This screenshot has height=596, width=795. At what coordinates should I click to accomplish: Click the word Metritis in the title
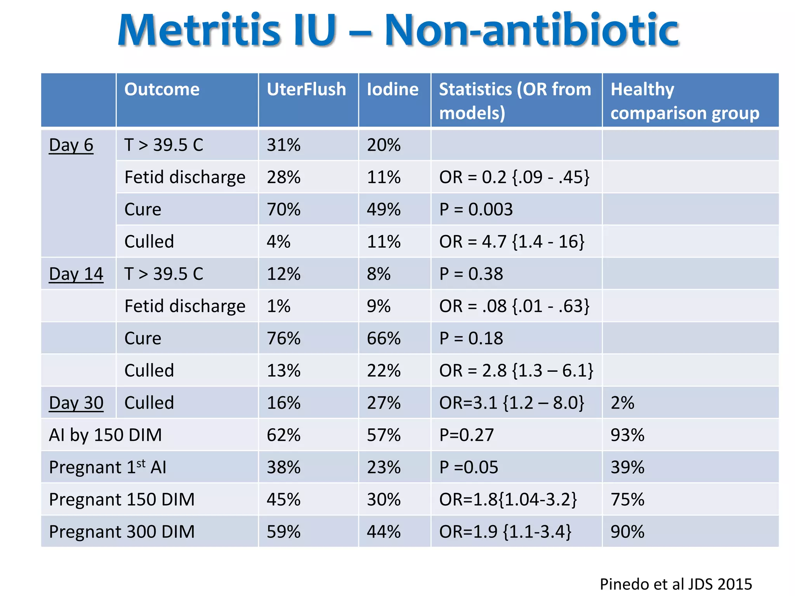click(199, 30)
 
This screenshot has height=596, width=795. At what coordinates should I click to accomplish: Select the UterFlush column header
click(306, 89)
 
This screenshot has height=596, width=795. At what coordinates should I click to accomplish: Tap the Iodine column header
click(393, 89)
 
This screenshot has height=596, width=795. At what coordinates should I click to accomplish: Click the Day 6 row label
click(71, 145)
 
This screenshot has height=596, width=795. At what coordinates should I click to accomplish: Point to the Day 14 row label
click(76, 274)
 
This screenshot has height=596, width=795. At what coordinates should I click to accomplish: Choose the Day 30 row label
click(76, 403)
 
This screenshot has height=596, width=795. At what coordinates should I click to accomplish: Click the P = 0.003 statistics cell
click(476, 210)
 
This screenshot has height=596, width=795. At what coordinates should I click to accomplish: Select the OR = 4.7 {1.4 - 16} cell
click(512, 242)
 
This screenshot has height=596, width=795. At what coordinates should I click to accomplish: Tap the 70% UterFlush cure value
click(283, 210)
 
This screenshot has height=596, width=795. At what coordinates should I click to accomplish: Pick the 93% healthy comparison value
click(627, 435)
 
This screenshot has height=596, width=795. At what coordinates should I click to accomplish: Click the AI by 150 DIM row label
click(105, 435)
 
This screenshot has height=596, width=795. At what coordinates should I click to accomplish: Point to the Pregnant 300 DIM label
click(122, 532)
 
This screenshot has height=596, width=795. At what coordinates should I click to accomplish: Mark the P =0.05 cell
click(469, 467)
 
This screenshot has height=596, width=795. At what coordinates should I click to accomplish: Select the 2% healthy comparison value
click(622, 403)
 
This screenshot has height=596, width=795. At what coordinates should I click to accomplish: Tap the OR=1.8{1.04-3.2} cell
click(508, 499)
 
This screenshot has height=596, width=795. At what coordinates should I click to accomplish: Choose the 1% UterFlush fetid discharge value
click(278, 306)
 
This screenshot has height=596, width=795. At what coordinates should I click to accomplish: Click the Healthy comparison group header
click(685, 101)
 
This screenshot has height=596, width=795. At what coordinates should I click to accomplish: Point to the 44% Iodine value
click(384, 532)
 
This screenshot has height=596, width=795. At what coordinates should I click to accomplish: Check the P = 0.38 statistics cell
click(471, 274)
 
